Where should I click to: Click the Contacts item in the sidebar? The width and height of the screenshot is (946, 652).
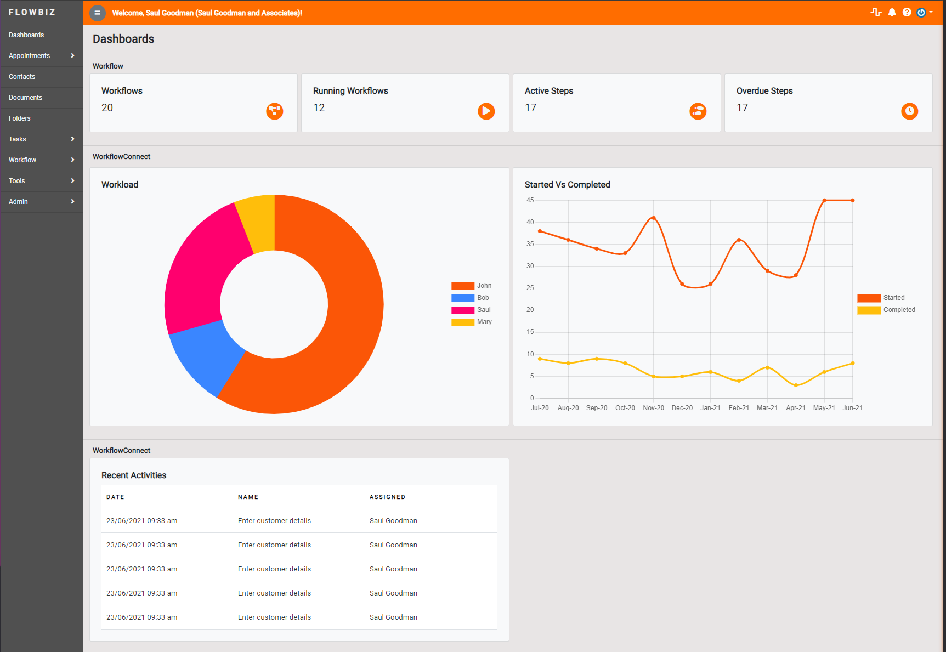click(22, 77)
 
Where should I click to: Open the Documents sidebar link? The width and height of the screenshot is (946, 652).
click(25, 98)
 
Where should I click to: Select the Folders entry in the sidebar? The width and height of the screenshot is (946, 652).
click(20, 118)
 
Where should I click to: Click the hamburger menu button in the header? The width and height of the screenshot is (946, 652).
click(98, 13)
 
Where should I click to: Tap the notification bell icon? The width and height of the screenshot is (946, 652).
click(892, 12)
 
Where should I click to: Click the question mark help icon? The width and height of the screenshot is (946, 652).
click(907, 12)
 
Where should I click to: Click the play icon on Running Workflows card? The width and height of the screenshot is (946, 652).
click(486, 111)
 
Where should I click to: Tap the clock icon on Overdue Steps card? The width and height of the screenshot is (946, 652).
click(909, 111)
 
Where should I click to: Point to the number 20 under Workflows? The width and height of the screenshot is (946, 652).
click(107, 108)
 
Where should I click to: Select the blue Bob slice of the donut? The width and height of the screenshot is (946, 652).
click(206, 359)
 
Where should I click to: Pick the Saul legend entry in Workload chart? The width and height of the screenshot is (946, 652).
click(472, 310)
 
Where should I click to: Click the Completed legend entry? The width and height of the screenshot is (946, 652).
click(887, 310)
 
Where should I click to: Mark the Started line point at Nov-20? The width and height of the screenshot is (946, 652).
click(653, 218)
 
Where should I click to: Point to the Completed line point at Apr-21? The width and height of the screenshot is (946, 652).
click(796, 385)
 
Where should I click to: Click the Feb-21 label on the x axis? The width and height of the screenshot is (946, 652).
click(739, 408)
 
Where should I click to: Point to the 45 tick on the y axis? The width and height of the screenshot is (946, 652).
click(530, 200)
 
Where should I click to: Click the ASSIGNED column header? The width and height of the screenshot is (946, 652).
click(387, 497)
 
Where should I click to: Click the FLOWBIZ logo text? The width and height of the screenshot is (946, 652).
click(32, 12)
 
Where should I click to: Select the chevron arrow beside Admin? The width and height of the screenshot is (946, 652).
click(72, 202)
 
